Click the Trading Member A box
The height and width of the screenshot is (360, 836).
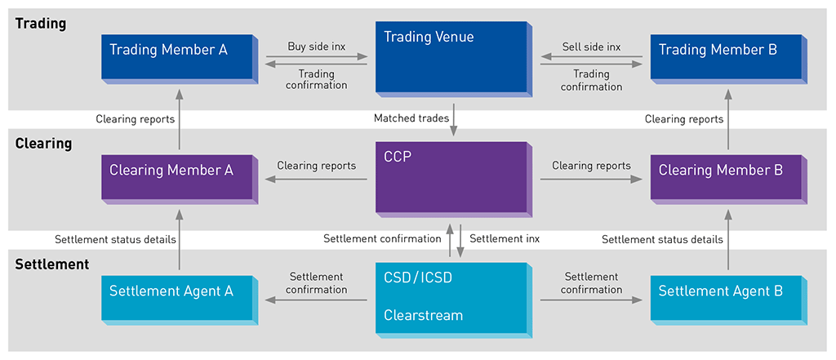(x=178, y=56)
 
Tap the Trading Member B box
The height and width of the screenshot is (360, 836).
(x=727, y=56)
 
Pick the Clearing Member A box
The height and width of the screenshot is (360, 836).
(x=178, y=177)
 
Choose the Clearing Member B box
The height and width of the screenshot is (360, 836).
(x=727, y=177)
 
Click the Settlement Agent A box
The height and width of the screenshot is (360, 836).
(x=178, y=297)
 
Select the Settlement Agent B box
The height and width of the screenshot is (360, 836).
(x=727, y=297)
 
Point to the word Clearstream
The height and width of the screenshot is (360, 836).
(x=423, y=315)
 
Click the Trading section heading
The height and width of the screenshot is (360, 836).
(x=41, y=24)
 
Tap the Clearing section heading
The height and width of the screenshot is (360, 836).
(x=44, y=144)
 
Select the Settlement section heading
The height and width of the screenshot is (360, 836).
(x=52, y=264)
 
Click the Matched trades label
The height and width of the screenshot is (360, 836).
(x=411, y=118)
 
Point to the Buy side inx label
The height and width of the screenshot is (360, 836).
(x=317, y=47)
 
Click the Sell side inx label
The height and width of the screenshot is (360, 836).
(x=592, y=47)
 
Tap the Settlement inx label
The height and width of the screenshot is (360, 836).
(x=505, y=239)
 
